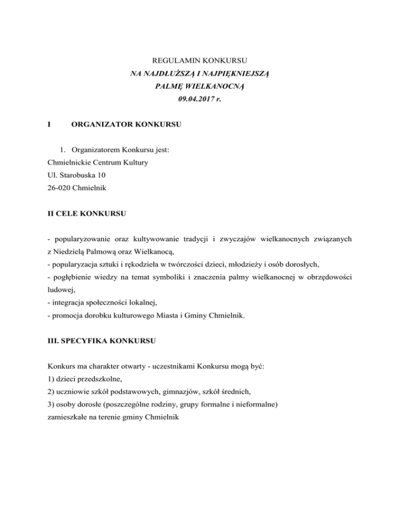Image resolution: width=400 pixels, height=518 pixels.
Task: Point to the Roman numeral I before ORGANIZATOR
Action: click(x=48, y=125)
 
